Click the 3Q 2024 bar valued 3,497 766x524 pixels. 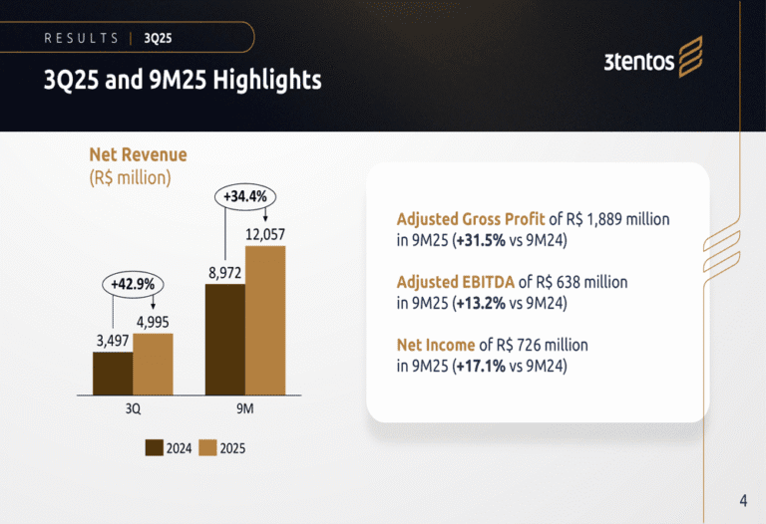coord(113,373)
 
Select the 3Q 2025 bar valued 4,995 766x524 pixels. coord(153,364)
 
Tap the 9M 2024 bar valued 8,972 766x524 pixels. coord(225,339)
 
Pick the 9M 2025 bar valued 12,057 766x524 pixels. coord(265,320)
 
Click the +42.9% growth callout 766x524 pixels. coord(133,284)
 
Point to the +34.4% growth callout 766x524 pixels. coord(245,196)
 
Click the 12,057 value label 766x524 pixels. coord(265,234)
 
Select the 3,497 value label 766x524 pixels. coord(113,341)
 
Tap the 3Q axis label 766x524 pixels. coord(133,408)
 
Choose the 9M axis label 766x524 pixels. coord(245,408)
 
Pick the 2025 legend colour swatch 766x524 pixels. coord(208,448)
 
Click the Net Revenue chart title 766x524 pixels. coord(138,155)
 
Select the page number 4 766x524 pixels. coord(743,500)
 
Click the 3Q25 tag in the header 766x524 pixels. coord(158,38)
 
